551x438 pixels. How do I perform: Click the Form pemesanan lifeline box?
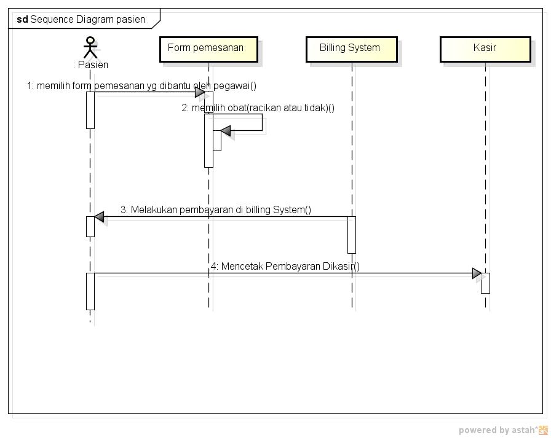(208, 49)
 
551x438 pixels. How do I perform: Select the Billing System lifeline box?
(351, 49)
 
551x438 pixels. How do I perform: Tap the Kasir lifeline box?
(485, 49)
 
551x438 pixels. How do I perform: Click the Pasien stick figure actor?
(90, 47)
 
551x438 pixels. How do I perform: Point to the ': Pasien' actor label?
(90, 65)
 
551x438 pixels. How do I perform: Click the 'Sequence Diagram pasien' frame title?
(87, 19)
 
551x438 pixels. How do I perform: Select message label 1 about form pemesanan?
(141, 86)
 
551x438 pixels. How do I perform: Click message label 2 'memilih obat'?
(258, 108)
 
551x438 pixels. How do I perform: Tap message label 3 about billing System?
(216, 210)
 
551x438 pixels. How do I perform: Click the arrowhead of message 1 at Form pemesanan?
(200, 92)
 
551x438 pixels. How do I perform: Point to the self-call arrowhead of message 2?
(225, 131)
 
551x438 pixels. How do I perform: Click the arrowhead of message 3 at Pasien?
(99, 217)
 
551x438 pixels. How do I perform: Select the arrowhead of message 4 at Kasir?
(477, 273)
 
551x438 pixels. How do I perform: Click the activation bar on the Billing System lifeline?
(352, 234)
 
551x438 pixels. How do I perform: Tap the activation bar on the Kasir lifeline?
(485, 283)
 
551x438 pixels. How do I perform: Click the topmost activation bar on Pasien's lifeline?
(90, 110)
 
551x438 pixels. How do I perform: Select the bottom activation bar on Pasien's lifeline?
(90, 291)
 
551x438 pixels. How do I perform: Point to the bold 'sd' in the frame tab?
(22, 19)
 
